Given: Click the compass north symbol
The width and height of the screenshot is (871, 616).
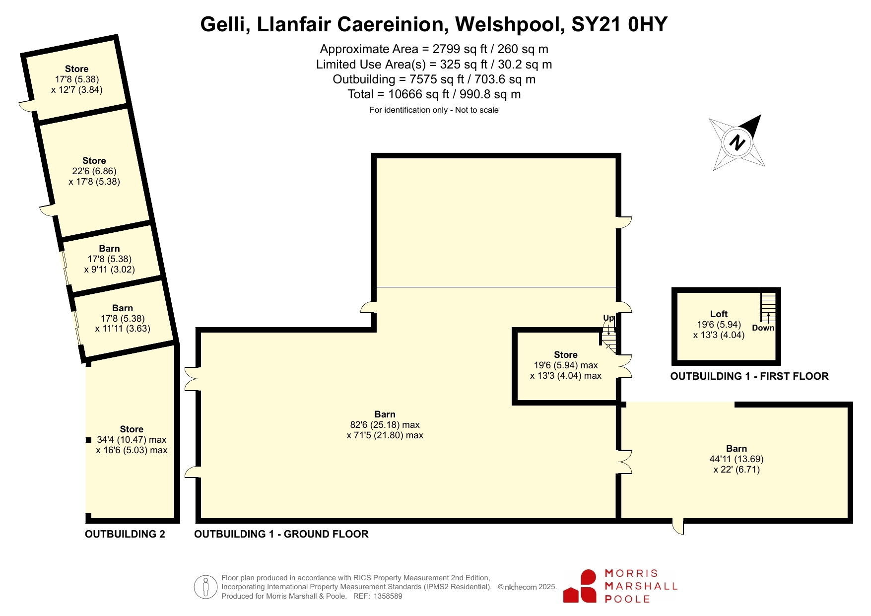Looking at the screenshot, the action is pyautogui.click(x=737, y=142).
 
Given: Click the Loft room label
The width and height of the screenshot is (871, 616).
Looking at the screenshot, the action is pyautogui.click(x=719, y=314).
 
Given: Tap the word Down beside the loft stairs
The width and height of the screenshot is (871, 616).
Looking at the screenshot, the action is pyautogui.click(x=763, y=328).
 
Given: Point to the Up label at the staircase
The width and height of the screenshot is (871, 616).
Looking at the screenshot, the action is pyautogui.click(x=608, y=318).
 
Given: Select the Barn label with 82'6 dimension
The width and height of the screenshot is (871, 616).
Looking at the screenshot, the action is pyautogui.click(x=385, y=414).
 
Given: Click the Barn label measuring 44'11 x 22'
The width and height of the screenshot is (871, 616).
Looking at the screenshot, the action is pyautogui.click(x=737, y=448).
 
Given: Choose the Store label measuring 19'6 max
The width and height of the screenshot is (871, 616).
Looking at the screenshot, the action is pyautogui.click(x=566, y=354).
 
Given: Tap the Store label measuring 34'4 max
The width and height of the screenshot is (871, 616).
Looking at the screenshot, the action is pyautogui.click(x=132, y=429).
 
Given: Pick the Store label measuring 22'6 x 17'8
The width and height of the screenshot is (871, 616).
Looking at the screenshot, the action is pyautogui.click(x=94, y=160).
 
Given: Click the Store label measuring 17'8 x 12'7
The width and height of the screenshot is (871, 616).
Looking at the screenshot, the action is pyautogui.click(x=76, y=68).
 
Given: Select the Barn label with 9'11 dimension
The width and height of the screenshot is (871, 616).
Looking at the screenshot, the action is pyautogui.click(x=109, y=248).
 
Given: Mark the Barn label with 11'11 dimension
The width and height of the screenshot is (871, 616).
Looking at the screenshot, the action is pyautogui.click(x=123, y=308).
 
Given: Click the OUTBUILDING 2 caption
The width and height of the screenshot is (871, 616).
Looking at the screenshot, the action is pyautogui.click(x=125, y=534).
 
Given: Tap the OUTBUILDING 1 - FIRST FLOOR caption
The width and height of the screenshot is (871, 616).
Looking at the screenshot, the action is pyautogui.click(x=749, y=376).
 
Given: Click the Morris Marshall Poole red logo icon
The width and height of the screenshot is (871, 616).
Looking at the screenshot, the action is pyautogui.click(x=580, y=586).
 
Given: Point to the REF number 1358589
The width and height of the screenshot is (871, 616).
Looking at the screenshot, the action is pyautogui.click(x=388, y=596).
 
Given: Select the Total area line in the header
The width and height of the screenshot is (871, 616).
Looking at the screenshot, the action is pyautogui.click(x=434, y=94).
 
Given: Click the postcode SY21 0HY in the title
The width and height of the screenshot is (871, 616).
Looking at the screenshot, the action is pyautogui.click(x=619, y=24).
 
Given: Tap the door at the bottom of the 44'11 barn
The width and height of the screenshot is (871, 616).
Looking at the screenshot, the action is pyautogui.click(x=678, y=526).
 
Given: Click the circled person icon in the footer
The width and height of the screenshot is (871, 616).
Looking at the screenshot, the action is pyautogui.click(x=205, y=587).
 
